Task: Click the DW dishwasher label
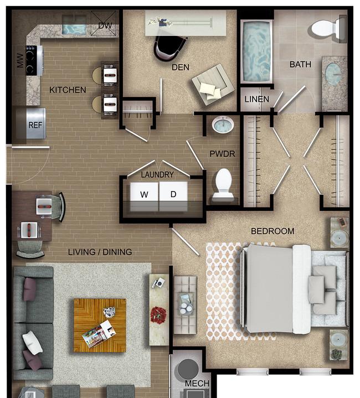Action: coord(105,25)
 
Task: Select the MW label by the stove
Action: coord(20,60)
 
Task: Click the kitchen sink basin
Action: coord(74,29)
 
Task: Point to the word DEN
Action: coord(181,68)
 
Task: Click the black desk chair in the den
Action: coord(169,47)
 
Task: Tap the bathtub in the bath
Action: coord(256,52)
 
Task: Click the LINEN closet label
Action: coord(256,99)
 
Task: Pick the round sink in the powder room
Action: coord(223,125)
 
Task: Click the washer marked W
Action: coord(144,195)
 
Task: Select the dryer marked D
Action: coord(173,195)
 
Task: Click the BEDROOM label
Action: coord(272,231)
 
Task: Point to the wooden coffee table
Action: coord(100,325)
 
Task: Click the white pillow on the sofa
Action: coord(32,343)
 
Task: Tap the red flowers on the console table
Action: coord(158,315)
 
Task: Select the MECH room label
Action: coord(197,383)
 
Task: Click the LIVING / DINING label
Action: coord(100,252)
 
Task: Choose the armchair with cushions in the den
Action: coord(213,85)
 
